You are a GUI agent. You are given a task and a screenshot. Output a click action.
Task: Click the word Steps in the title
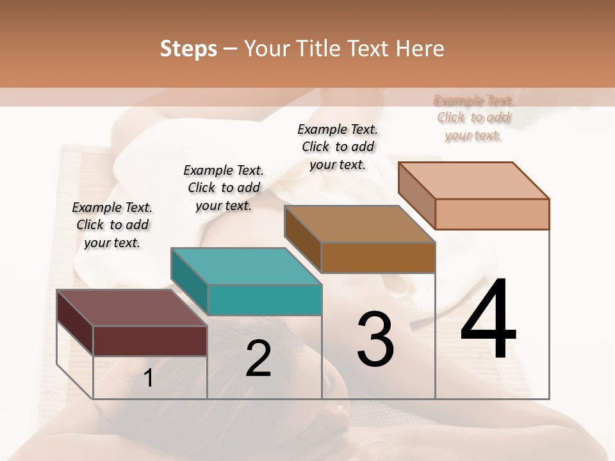188,49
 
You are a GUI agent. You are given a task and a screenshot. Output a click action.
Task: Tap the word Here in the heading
419,49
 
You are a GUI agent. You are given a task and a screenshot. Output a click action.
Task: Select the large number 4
488,320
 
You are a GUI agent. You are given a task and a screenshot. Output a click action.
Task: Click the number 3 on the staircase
375,339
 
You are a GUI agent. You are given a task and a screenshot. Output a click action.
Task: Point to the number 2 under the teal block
258,359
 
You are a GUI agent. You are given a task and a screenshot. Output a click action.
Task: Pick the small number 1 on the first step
148,378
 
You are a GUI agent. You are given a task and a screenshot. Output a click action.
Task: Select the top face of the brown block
359,224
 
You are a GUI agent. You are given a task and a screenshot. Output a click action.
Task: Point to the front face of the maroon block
150,341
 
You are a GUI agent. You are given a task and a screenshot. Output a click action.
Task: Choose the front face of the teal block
264,300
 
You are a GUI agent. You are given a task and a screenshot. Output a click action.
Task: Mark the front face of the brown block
378,257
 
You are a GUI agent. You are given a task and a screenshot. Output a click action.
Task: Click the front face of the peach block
492,214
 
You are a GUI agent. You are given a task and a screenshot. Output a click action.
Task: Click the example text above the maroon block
112,225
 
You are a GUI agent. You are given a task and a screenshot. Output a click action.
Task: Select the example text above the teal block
224,188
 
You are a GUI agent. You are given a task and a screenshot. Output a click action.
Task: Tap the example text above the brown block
338,147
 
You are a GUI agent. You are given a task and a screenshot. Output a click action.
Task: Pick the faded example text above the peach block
473,118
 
